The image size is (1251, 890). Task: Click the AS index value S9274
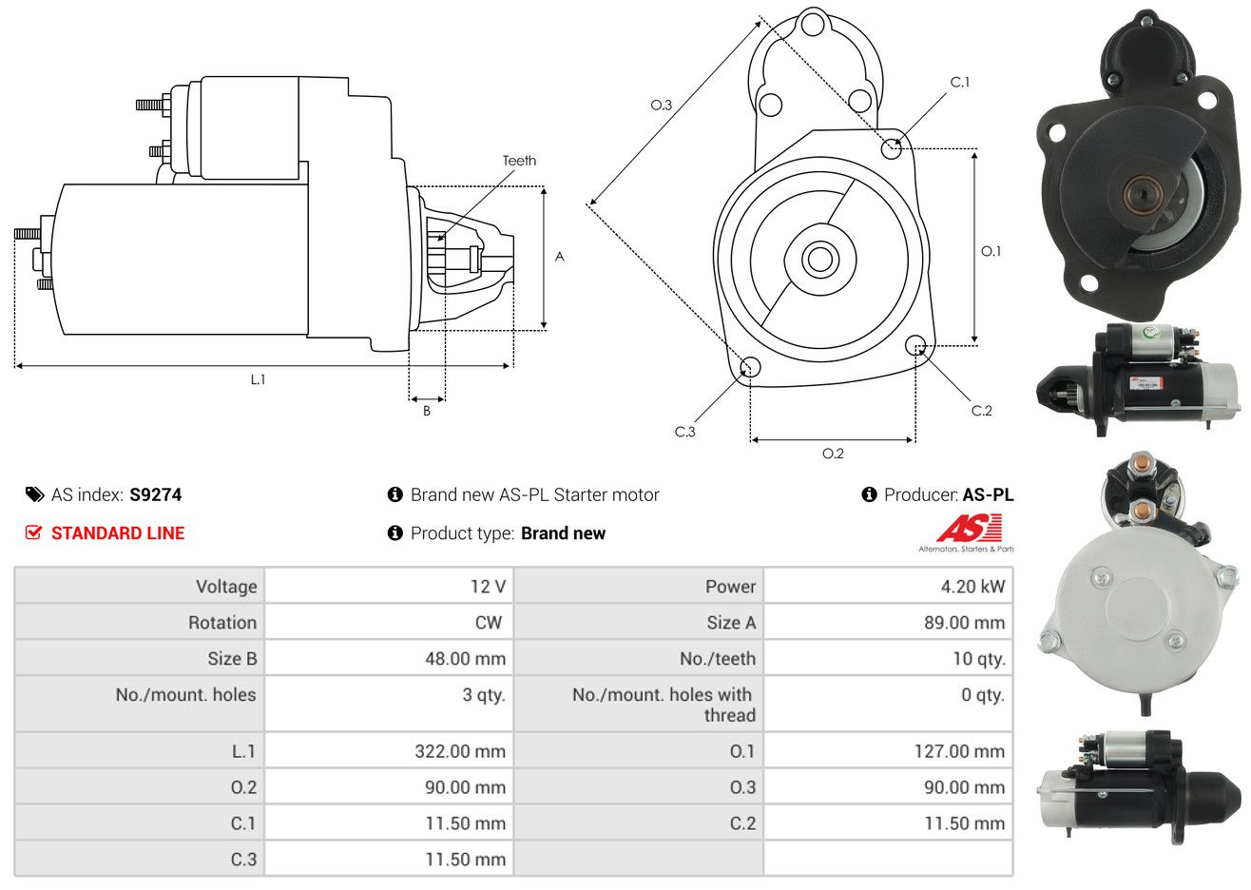tap(155, 495)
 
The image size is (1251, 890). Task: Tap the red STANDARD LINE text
tap(118, 533)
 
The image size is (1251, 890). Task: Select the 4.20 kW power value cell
tap(972, 586)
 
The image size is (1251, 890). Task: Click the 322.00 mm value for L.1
tap(460, 751)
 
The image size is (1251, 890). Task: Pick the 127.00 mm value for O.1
tap(959, 751)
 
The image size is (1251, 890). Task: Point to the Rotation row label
tap(222, 623)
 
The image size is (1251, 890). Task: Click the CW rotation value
tap(489, 623)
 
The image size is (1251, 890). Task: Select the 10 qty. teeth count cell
tap(978, 659)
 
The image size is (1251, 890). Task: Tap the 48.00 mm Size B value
tap(465, 659)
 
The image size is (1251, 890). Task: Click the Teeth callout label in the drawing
tap(519, 161)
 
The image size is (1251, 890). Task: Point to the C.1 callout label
tap(959, 82)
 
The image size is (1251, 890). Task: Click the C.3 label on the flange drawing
tap(684, 432)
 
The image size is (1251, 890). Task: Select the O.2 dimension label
tap(833, 454)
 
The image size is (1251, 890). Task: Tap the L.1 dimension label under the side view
tap(258, 380)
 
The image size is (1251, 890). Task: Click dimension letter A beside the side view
tap(559, 257)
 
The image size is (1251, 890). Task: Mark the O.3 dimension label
tap(662, 105)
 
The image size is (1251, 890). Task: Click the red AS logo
tap(970, 528)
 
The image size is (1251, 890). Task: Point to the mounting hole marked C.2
tap(915, 345)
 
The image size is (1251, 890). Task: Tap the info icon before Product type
tap(395, 533)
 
